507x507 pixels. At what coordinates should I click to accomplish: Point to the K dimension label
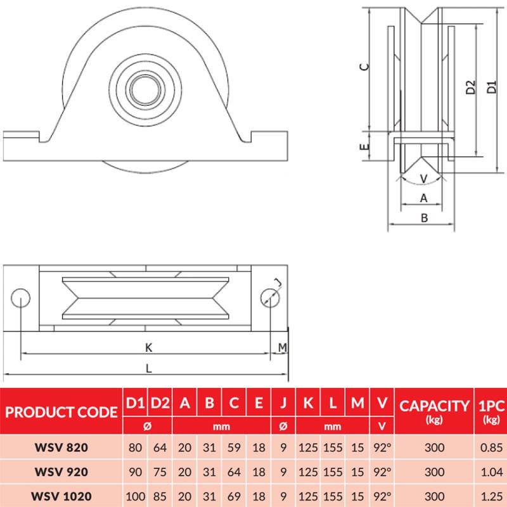pyautogui.click(x=148, y=347)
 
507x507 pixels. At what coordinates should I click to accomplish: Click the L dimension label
pyautogui.click(x=148, y=368)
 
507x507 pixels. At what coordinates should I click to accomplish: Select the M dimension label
pyautogui.click(x=283, y=347)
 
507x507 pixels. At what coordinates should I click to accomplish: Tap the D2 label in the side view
pyautogui.click(x=470, y=87)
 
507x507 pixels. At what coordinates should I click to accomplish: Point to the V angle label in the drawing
pyautogui.click(x=423, y=178)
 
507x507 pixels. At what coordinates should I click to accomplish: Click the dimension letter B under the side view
pyautogui.click(x=425, y=218)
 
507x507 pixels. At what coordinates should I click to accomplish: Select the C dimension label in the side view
pyautogui.click(x=364, y=67)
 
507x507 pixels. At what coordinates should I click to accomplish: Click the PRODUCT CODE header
pyautogui.click(x=61, y=412)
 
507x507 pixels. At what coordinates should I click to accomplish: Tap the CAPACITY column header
pyautogui.click(x=434, y=406)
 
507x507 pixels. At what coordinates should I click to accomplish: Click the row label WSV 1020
pyautogui.click(x=61, y=495)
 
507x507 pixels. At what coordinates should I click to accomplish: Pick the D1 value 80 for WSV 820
pyautogui.click(x=135, y=447)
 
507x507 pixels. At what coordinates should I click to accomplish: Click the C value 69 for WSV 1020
pyautogui.click(x=234, y=495)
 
